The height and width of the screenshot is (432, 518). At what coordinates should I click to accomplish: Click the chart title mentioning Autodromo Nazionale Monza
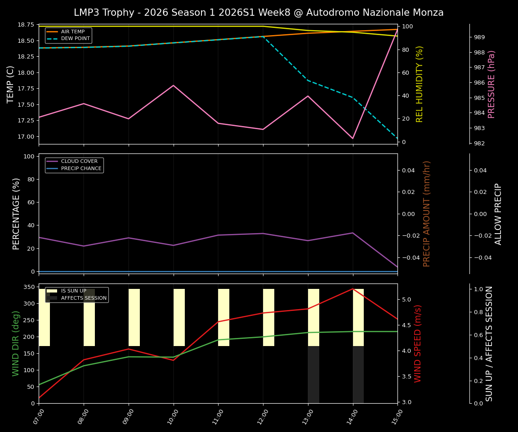point(259,13)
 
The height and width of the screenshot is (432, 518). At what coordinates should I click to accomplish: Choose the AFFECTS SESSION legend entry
point(84,298)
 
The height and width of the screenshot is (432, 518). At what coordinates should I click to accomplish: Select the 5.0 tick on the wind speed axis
point(406,299)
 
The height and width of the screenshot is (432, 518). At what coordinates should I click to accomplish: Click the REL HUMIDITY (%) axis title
point(420,84)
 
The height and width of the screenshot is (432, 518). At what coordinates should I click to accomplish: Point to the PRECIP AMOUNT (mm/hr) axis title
point(427,214)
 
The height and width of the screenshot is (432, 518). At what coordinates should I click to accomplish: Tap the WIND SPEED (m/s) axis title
point(418,343)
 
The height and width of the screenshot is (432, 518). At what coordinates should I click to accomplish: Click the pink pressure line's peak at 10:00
point(174,85)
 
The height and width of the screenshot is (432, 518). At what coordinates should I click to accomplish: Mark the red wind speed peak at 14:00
point(353,289)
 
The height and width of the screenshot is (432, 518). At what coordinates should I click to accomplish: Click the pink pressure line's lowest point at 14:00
point(353,139)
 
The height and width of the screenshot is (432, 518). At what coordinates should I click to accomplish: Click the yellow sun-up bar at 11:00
point(223,317)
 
